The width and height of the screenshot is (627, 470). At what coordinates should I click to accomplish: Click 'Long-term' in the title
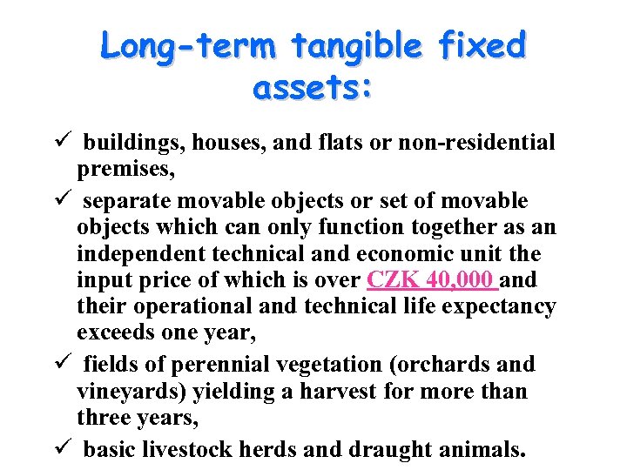[x=187, y=45]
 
